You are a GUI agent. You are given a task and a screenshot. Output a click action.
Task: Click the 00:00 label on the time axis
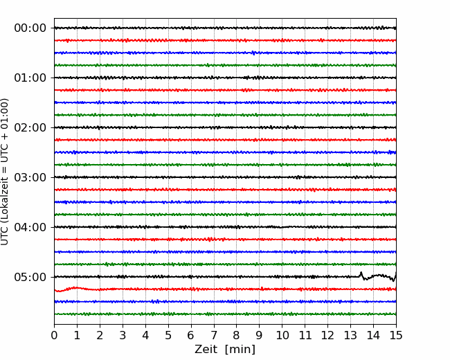tap(30, 28)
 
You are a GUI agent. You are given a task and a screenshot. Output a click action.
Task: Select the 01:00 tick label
tap(30, 78)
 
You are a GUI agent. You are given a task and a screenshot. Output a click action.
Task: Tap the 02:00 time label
tap(30, 127)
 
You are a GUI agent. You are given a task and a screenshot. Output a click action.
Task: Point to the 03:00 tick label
tap(30, 177)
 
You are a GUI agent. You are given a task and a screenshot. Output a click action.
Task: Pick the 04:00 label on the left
tap(30, 227)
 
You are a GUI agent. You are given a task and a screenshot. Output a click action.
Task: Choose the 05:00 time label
tap(30, 277)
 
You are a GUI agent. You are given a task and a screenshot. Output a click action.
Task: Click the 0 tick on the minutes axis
tap(54, 335)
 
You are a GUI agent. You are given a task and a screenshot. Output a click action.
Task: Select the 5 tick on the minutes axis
tap(168, 335)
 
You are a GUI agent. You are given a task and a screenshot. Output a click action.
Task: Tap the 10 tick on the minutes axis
tap(282, 335)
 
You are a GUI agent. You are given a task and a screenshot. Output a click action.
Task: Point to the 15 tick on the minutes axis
tap(396, 335)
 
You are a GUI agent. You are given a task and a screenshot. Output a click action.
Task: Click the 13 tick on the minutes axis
tap(350, 335)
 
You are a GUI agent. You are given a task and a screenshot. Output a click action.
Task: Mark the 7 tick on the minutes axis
tap(214, 335)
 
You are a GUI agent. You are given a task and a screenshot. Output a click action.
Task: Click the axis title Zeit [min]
tap(225, 350)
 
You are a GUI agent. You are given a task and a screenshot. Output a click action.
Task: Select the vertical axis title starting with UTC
tap(5, 172)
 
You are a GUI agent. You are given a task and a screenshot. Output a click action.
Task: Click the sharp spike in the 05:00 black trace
tap(361, 273)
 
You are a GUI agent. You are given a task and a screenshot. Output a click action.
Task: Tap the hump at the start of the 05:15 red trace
tap(75, 288)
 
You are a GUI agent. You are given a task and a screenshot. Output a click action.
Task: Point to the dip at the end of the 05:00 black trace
tap(393, 280)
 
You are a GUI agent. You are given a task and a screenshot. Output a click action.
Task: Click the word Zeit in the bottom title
tap(205, 350)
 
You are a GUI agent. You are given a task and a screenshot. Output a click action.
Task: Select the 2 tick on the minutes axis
tap(100, 335)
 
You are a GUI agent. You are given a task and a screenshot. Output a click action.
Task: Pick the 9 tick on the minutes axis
tap(259, 335)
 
